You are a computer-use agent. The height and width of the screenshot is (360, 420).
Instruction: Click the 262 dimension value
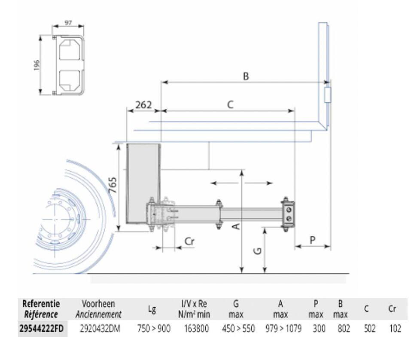(x=143, y=105)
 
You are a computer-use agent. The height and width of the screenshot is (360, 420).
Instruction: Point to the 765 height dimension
(x=113, y=185)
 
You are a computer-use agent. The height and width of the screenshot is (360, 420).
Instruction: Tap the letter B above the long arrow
(x=246, y=76)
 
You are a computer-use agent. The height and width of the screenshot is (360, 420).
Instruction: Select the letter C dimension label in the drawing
(x=230, y=104)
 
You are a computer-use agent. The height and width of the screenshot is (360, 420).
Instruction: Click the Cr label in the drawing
(x=189, y=241)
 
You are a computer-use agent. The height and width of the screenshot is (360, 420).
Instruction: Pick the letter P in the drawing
(x=312, y=240)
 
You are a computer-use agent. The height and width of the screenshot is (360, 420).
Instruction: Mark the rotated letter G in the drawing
(x=258, y=251)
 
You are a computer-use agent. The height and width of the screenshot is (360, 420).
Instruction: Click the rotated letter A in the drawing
(x=236, y=226)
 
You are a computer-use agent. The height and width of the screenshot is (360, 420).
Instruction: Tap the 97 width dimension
(x=68, y=23)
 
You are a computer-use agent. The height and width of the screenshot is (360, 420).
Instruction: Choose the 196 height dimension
(x=37, y=65)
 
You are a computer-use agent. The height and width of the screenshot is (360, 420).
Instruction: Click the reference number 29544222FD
(x=42, y=328)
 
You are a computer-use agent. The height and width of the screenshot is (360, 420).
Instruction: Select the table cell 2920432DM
(x=100, y=328)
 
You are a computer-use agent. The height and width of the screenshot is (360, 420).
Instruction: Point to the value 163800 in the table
(x=196, y=328)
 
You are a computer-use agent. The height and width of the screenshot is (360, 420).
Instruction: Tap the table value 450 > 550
(x=238, y=328)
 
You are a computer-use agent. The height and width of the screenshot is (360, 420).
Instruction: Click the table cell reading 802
(x=344, y=328)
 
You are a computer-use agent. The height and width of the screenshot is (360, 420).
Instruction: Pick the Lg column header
(x=152, y=310)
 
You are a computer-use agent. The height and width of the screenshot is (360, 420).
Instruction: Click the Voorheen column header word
(x=98, y=304)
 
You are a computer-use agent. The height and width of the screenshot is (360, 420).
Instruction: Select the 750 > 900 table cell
(x=154, y=328)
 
